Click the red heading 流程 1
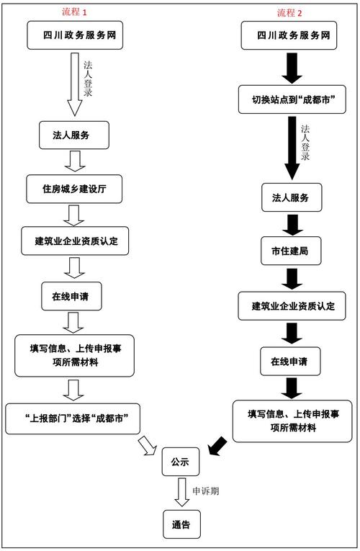click(x=75, y=12)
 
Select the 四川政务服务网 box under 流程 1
click(x=76, y=35)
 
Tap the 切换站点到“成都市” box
click(x=294, y=99)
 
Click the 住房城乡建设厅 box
click(x=76, y=188)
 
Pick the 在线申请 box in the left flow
click(x=76, y=295)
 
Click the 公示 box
click(x=180, y=462)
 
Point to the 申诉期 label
click(x=206, y=490)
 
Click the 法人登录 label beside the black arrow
click(x=305, y=142)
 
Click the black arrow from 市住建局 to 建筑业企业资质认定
click(x=291, y=279)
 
